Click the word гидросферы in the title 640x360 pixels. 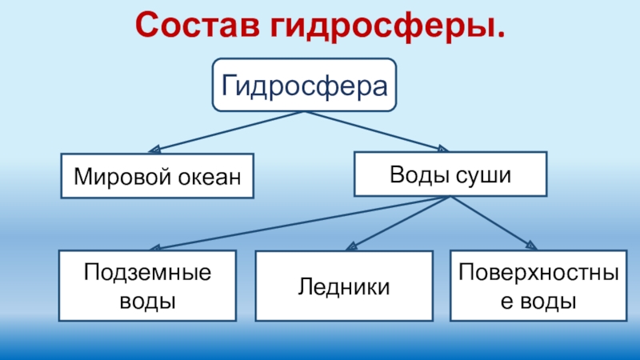(x=384, y=27)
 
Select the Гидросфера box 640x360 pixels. (x=304, y=84)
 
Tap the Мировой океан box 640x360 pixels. (x=158, y=175)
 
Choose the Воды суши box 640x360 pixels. (x=450, y=175)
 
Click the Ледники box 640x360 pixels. (x=344, y=286)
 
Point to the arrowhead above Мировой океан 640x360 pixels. (x=155, y=148)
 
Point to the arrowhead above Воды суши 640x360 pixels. (x=442, y=148)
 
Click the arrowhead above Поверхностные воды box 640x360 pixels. (x=530, y=245)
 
